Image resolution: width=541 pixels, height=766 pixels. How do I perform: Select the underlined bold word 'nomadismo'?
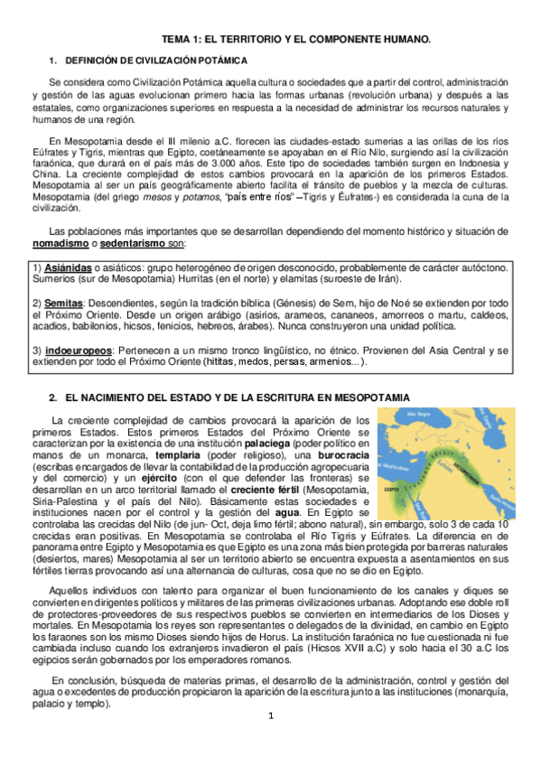point(61,244)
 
